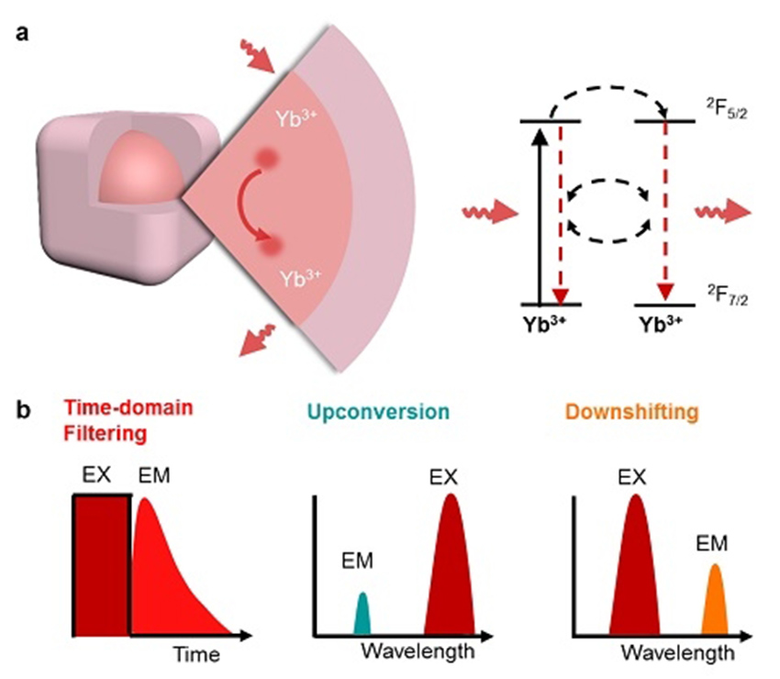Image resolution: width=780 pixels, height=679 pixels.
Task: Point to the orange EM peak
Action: pos(715,601)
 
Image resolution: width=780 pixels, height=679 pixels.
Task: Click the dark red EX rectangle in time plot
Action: pos(101,563)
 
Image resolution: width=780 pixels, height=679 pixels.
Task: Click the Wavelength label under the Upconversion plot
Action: pos(418,652)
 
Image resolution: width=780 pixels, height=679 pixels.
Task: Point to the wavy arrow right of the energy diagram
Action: pos(723,213)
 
